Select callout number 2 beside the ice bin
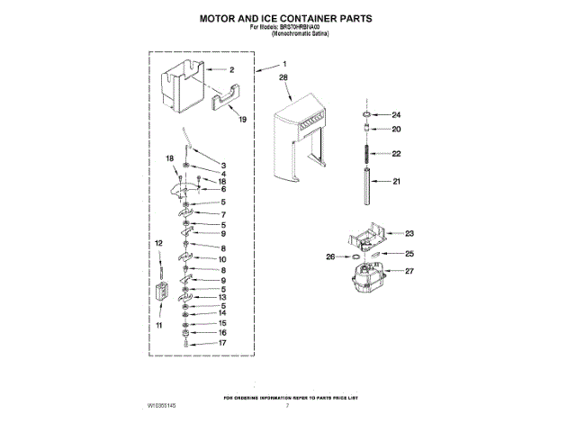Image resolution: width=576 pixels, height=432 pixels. tap(231, 69)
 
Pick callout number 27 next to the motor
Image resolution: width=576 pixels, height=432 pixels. tap(409, 270)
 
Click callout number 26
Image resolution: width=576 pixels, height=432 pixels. tap(330, 256)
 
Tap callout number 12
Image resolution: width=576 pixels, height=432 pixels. tap(158, 243)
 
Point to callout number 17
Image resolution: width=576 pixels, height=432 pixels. tap(222, 343)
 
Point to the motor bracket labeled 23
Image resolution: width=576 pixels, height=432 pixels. tap(364, 237)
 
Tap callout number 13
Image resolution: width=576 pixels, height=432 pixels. tap(222, 296)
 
